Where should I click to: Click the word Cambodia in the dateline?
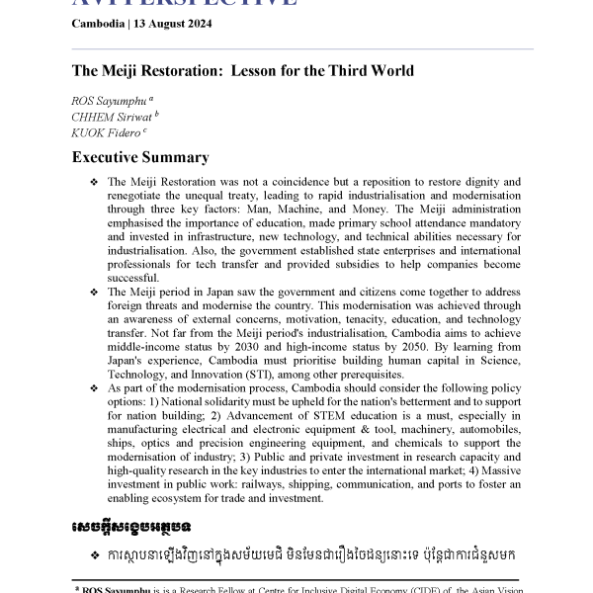[99, 25]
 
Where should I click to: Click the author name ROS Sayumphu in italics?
[109, 101]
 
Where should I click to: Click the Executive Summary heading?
[140, 157]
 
